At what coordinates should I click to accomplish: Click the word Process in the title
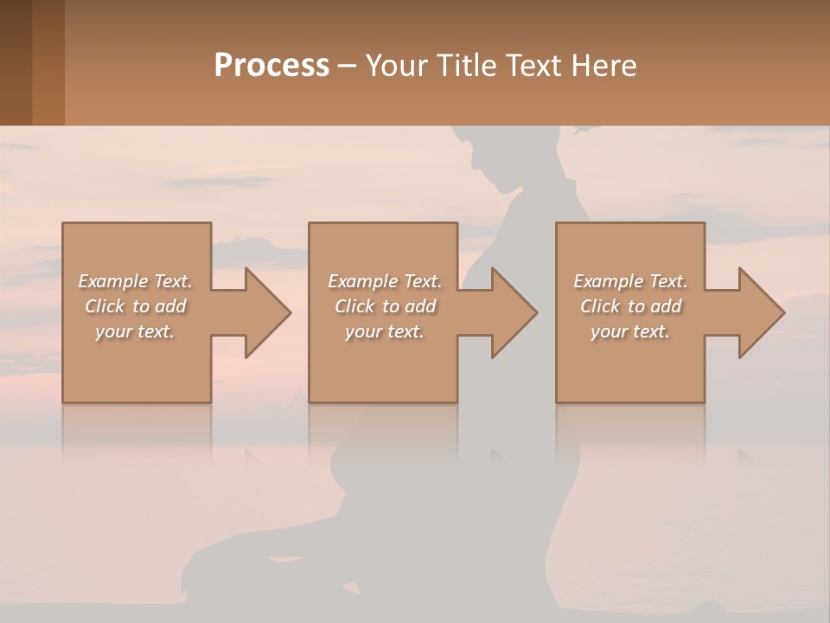271,66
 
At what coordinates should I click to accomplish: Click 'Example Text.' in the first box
136,281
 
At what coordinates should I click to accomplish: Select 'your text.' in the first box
136,331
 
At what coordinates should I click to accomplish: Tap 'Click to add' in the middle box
385,306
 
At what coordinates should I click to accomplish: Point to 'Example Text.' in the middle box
385,281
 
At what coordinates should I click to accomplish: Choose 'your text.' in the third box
630,331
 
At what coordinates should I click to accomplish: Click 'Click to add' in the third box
630,306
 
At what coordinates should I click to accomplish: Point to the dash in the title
347,67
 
